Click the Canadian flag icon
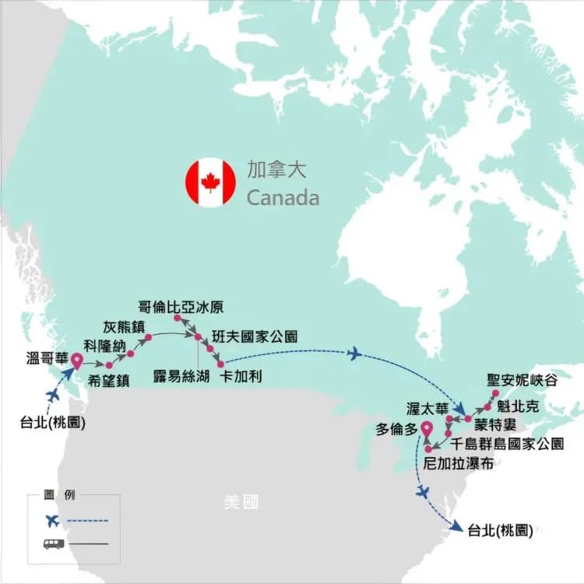point(210,183)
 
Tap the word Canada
point(283,198)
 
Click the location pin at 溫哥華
point(77,361)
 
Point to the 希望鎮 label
point(108,380)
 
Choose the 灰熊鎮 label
point(123,326)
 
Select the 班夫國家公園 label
point(253,337)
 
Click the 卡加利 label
point(241,375)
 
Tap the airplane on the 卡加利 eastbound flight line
point(354,354)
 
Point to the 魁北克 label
point(516,406)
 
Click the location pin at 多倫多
point(426,428)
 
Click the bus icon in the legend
point(54,543)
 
